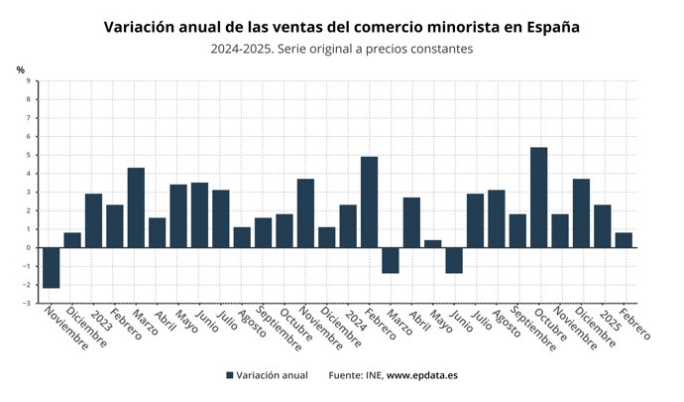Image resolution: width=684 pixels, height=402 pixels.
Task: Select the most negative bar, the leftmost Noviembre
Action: point(52,267)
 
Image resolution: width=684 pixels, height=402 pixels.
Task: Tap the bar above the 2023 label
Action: point(94,220)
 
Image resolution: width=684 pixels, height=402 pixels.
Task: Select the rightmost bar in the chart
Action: point(624,240)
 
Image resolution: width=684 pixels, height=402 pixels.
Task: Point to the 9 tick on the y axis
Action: point(28,81)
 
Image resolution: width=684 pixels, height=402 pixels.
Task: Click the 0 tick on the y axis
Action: point(28,247)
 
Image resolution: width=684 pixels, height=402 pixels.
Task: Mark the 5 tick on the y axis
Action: point(28,155)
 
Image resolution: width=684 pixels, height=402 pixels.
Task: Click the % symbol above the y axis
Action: point(20,68)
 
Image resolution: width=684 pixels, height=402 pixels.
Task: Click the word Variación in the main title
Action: point(141,27)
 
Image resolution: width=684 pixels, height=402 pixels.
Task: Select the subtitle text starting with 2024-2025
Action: point(341,48)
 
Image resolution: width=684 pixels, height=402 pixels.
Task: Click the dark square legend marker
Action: point(230,375)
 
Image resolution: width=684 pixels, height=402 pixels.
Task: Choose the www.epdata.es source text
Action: point(421,375)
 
